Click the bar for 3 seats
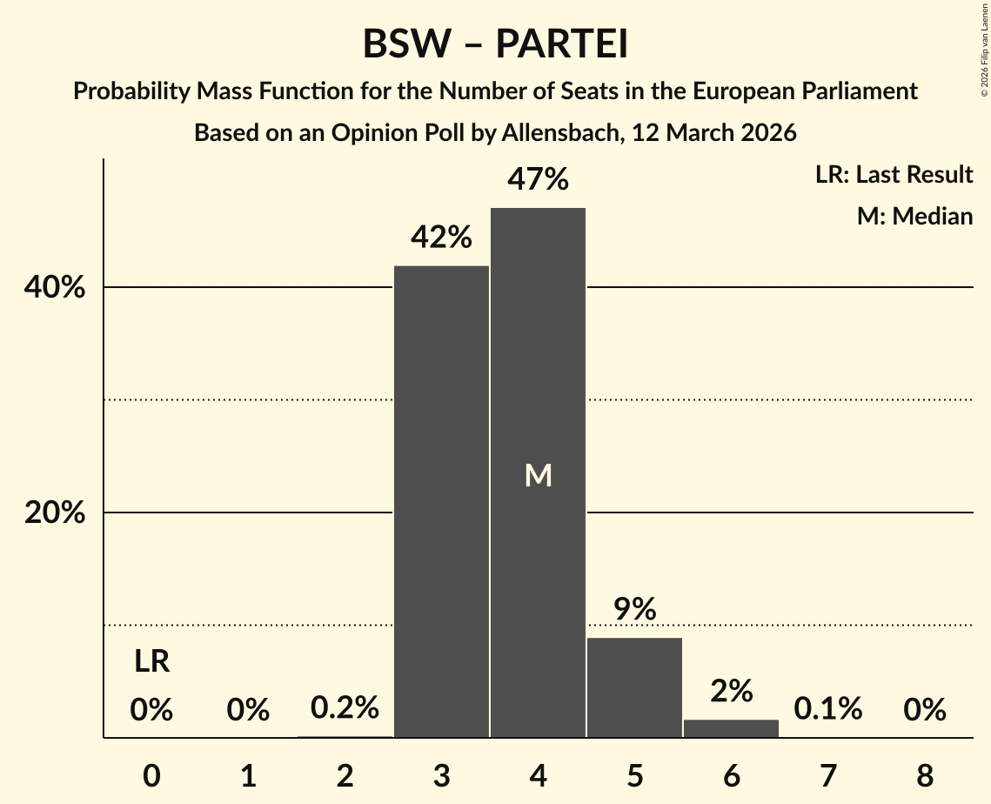[x=441, y=501]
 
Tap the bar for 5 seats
[x=634, y=687]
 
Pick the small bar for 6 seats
[x=731, y=728]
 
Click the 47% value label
[x=538, y=180]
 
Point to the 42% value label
[x=441, y=238]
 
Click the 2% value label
[x=731, y=691]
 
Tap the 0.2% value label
[x=345, y=708]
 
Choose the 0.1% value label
[x=827, y=709]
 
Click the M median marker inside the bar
[x=538, y=475]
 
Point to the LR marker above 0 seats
[x=151, y=662]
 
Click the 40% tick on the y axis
[x=54, y=288]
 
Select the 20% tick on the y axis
[x=54, y=513]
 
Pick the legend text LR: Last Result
[x=894, y=175]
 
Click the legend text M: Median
[x=914, y=216]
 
